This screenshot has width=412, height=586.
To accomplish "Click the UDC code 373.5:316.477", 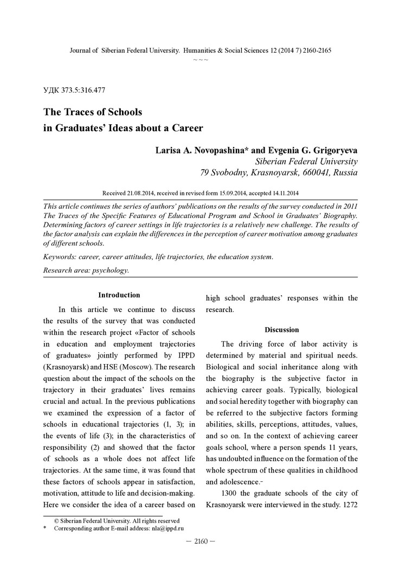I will pyautogui.click(x=81, y=90).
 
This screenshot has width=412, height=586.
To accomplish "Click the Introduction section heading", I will pyautogui.click(x=119, y=295).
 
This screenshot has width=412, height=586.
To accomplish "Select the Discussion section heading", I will pyautogui.click(x=281, y=329).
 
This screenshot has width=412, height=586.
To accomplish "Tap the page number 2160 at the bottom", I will pyautogui.click(x=201, y=540).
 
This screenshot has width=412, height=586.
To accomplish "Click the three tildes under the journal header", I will pyautogui.click(x=201, y=59).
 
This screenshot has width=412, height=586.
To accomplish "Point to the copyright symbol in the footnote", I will pyautogui.click(x=56, y=520).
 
